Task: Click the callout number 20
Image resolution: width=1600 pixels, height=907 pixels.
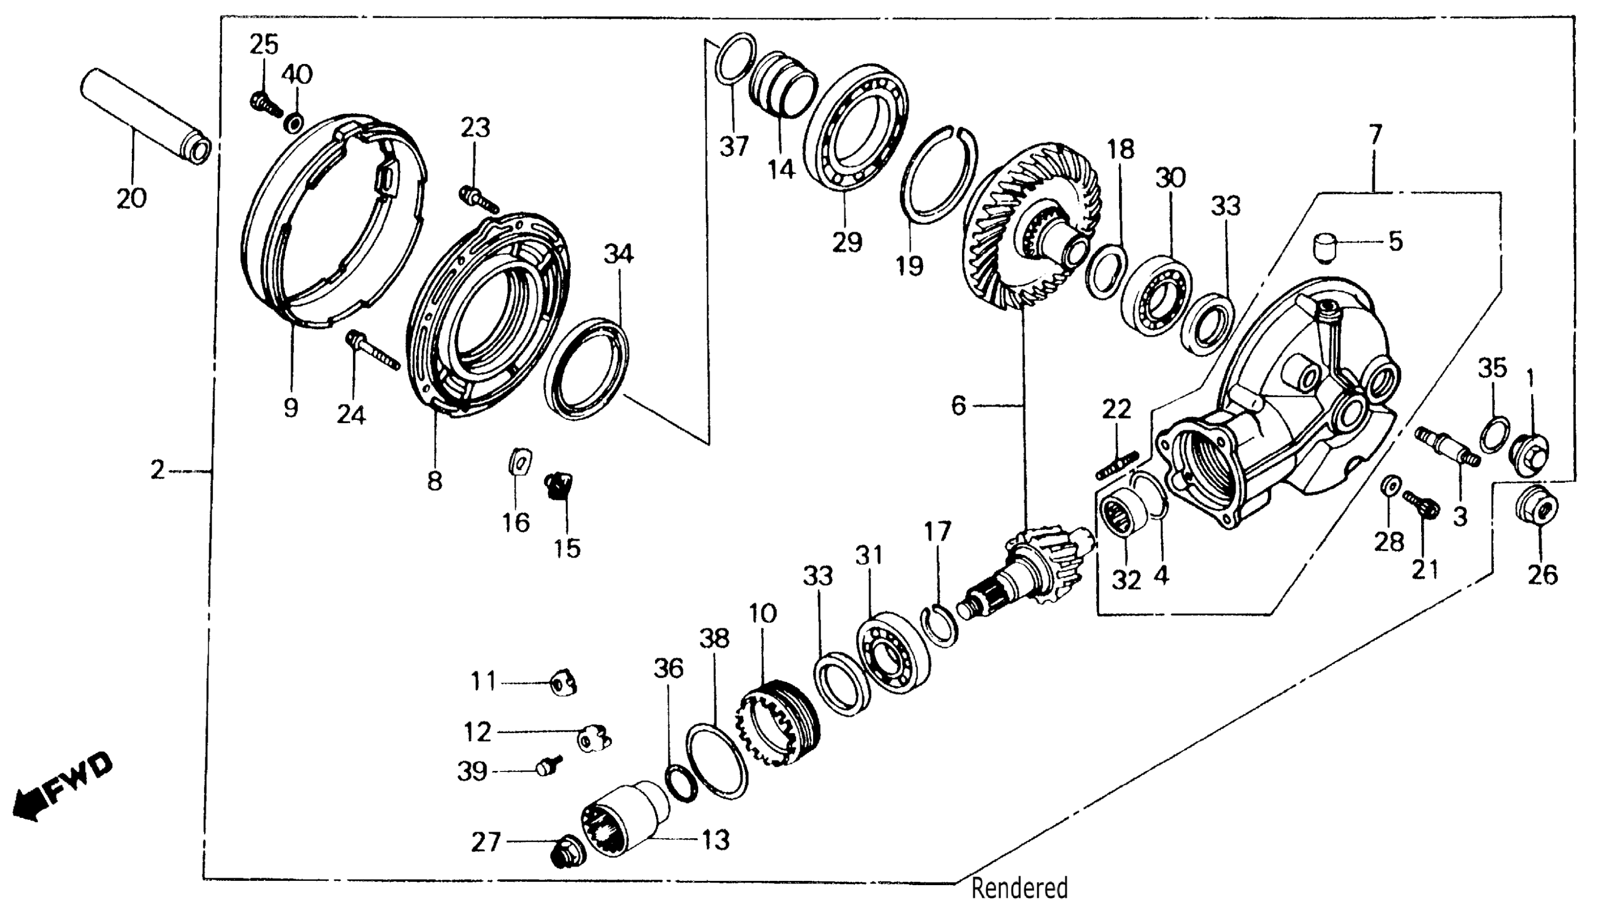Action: [x=131, y=198]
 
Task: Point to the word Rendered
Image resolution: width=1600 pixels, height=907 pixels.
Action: [x=1019, y=888]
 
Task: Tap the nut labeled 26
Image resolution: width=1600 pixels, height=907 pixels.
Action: [x=1536, y=509]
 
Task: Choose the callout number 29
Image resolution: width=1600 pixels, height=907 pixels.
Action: [x=847, y=242]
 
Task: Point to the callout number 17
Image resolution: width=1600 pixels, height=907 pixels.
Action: [x=937, y=531]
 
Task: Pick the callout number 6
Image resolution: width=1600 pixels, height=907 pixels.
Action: [x=959, y=406]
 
